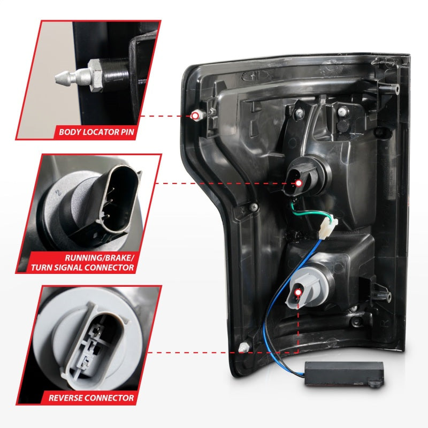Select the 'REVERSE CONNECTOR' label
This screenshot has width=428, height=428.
tap(91, 398)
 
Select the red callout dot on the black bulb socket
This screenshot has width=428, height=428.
tap(298, 183)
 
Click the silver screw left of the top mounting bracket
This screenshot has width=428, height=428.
tap(300, 113)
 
